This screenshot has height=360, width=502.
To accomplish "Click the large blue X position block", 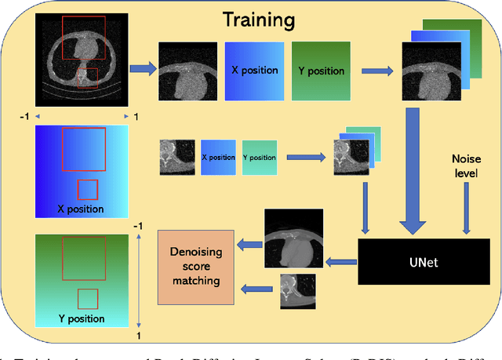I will (x=254, y=71).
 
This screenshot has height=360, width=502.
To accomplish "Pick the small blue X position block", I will (x=217, y=157).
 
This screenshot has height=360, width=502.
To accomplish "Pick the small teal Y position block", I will (x=259, y=157).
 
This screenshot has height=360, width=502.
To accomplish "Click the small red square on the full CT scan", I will (x=87, y=78).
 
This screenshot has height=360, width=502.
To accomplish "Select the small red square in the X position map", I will (x=87, y=190).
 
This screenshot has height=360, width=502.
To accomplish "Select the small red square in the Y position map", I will (x=87, y=299).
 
